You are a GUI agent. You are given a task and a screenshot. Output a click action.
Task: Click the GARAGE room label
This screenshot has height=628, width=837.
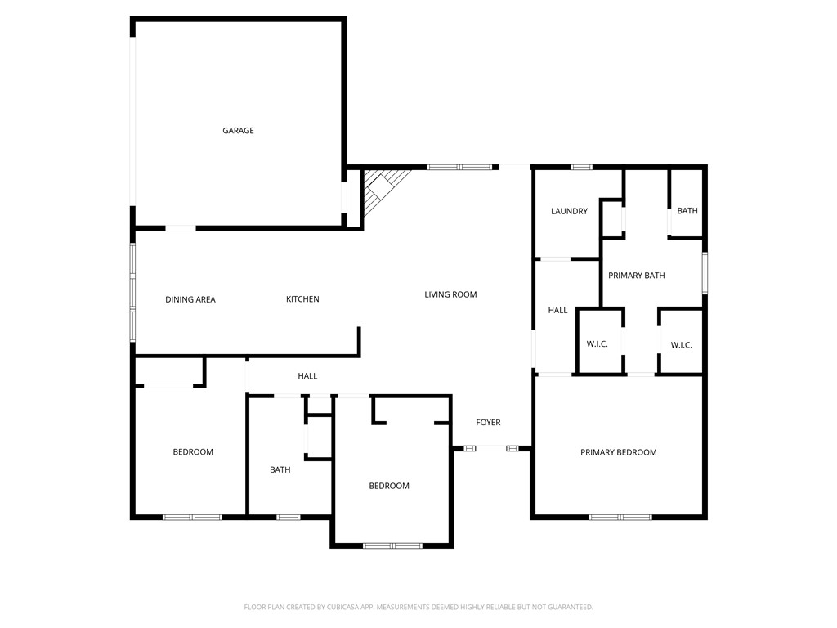point(238,131)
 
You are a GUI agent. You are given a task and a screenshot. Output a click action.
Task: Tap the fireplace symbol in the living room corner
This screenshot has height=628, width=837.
point(383,190)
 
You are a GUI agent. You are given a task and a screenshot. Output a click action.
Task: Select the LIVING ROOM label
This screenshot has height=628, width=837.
point(450,294)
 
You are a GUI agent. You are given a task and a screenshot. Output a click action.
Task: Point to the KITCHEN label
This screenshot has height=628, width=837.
point(302,299)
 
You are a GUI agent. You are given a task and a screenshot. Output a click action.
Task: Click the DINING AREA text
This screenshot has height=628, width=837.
point(190,299)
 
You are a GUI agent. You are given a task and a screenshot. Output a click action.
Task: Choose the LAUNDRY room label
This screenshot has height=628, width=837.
point(569,211)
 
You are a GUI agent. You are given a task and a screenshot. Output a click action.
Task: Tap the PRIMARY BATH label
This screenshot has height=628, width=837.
point(637,276)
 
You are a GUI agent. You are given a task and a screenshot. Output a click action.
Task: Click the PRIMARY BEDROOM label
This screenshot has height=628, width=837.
point(619,452)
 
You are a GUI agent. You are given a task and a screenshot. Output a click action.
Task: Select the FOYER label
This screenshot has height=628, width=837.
point(488,423)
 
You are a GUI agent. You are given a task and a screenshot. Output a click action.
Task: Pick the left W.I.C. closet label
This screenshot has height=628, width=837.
point(598,344)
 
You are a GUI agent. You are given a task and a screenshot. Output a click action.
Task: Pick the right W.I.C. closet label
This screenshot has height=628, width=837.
point(682,345)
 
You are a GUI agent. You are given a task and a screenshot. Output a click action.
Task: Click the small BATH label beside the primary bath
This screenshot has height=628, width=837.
point(687,211)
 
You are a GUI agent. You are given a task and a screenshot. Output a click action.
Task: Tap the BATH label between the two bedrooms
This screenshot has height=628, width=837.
point(280,469)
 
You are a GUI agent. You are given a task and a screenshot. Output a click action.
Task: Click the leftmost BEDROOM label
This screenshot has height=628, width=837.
point(193,452)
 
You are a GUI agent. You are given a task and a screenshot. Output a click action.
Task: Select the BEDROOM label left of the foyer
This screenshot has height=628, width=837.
point(389,486)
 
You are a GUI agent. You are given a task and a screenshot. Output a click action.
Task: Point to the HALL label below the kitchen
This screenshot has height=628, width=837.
point(307,376)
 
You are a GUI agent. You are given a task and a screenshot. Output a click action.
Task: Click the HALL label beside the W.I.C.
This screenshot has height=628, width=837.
point(558,311)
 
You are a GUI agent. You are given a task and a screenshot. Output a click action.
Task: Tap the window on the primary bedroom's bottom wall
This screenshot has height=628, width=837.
point(620,517)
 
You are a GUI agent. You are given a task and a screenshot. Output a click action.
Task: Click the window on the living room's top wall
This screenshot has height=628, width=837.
point(459,167)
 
